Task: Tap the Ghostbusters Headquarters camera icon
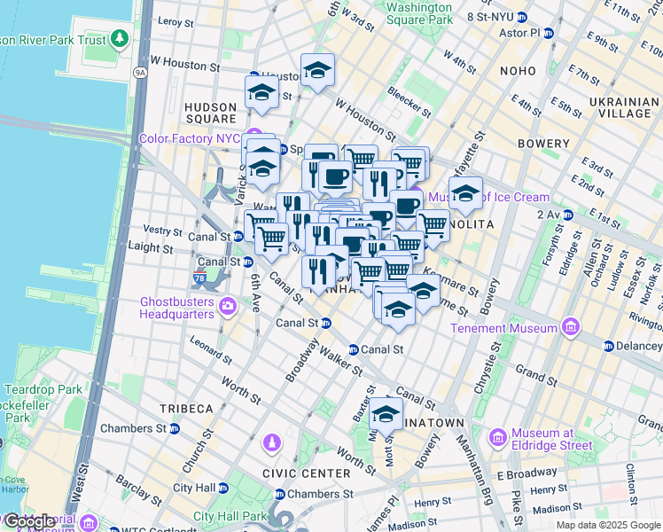click(229, 307)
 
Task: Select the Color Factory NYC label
click(189, 139)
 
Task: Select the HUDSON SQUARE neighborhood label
click(210, 113)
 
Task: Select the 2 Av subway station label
click(556, 215)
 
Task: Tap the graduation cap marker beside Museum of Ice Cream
click(464, 193)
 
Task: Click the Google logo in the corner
click(28, 521)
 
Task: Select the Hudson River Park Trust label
click(53, 40)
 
